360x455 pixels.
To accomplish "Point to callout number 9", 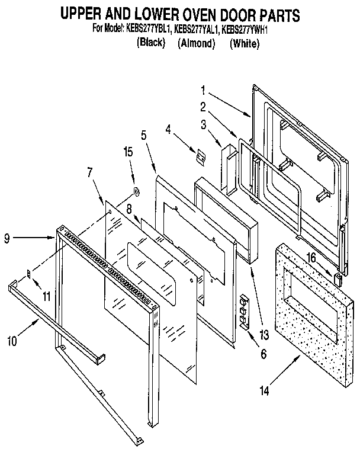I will pyautogui.click(x=7, y=239).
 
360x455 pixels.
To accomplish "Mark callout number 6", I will pyautogui.click(x=263, y=354).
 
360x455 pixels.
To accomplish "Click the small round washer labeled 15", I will pyautogui.click(x=136, y=191).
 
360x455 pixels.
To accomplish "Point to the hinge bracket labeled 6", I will pyautogui.click(x=243, y=309).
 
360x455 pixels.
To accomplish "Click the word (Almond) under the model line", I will pyautogui.click(x=195, y=44).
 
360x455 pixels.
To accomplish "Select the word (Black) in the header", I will pyautogui.click(x=150, y=43).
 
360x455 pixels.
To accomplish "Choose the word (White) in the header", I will pyautogui.click(x=244, y=44).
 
